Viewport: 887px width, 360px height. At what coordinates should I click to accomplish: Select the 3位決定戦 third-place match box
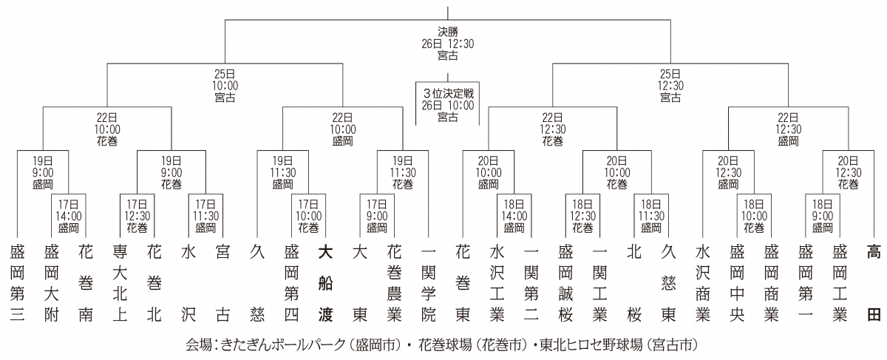[x=447, y=104]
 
